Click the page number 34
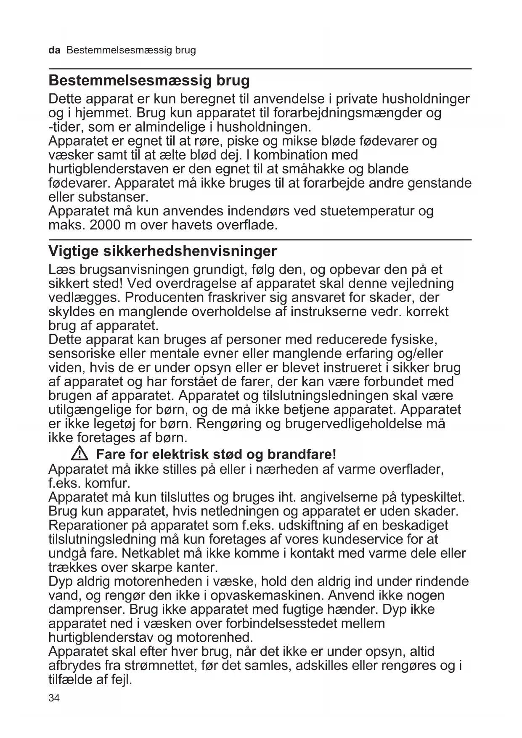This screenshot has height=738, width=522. [x=54, y=698]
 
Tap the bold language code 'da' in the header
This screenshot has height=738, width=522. [x=54, y=50]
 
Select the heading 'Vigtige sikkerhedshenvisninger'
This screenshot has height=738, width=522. [x=163, y=251]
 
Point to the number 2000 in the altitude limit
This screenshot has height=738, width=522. [x=105, y=225]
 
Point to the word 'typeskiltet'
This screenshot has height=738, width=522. [x=432, y=497]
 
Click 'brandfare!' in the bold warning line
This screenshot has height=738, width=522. [x=302, y=454]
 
